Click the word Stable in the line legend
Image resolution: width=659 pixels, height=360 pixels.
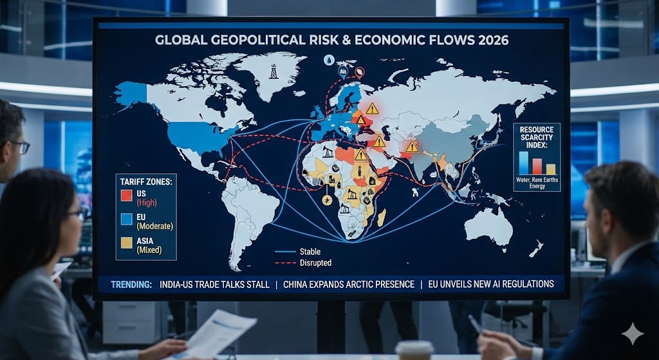(310, 252)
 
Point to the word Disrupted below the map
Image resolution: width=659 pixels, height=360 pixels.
(315, 263)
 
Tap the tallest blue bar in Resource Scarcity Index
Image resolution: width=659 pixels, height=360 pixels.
(523, 162)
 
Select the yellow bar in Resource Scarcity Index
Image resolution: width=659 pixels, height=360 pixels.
(550, 169)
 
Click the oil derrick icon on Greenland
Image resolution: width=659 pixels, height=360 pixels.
(274, 71)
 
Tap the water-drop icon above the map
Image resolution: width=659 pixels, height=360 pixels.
(329, 60)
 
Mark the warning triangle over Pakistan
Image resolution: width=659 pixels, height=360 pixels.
(413, 147)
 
